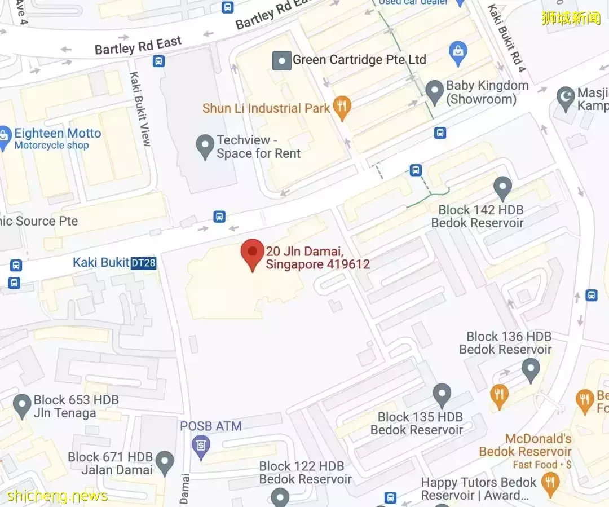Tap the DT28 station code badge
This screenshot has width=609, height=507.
click(x=143, y=263)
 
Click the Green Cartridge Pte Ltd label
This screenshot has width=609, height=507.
click(x=359, y=60)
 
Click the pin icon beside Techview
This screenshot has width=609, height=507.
click(x=204, y=147)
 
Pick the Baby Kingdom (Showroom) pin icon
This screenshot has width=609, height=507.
click(x=434, y=91)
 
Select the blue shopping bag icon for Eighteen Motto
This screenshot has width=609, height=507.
click(x=5, y=138)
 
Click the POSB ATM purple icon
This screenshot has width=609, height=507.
click(x=200, y=447)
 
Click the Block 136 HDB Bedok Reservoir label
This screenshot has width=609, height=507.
click(x=505, y=343)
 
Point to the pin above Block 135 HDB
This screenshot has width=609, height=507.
click(x=442, y=395)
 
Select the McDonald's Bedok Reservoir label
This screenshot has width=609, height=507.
click(x=525, y=445)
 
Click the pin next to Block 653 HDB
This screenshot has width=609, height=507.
click(x=22, y=406)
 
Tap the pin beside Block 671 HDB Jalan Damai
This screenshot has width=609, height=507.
click(x=165, y=462)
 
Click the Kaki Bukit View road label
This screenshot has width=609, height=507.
click(x=140, y=109)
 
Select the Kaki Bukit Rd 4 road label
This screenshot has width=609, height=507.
click(x=507, y=38)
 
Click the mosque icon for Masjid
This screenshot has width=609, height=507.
click(x=565, y=98)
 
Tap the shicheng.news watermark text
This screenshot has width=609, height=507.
click(x=58, y=496)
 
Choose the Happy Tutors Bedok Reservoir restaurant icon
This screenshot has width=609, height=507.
click(x=549, y=483)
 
